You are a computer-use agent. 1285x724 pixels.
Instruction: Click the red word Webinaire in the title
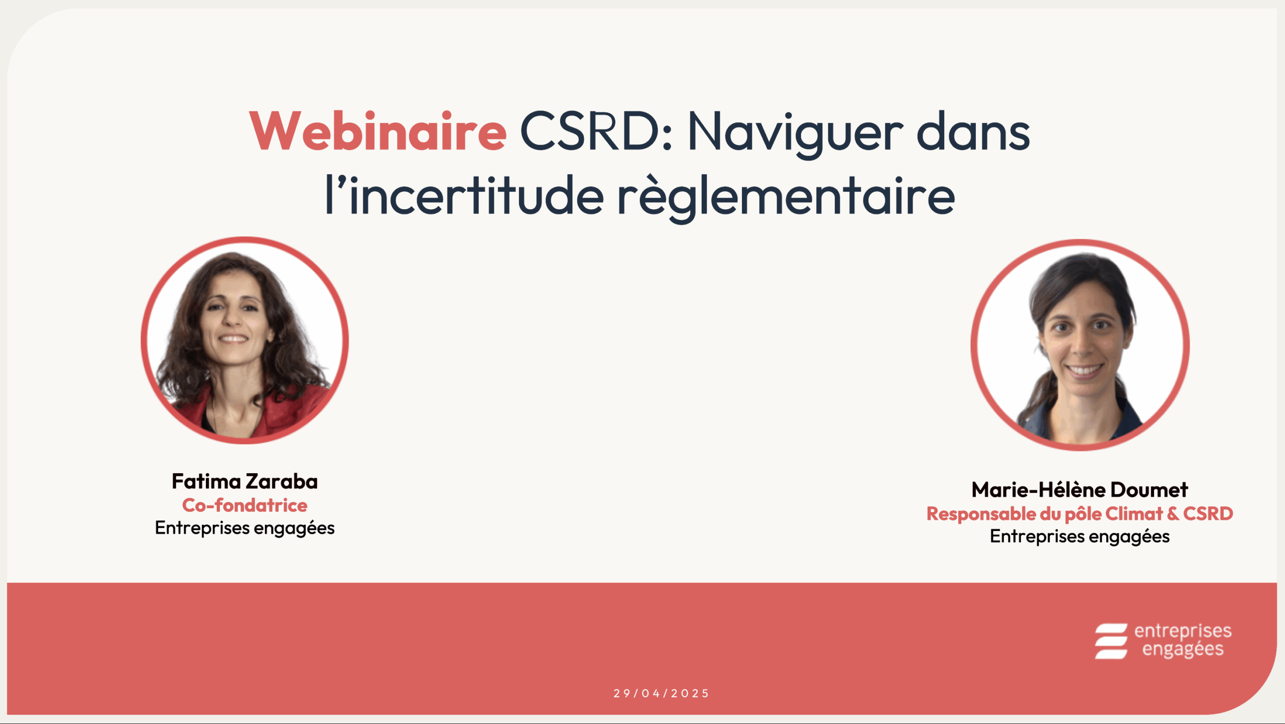pyautogui.click(x=378, y=131)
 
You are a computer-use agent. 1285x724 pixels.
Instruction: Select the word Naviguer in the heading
pyautogui.click(x=796, y=133)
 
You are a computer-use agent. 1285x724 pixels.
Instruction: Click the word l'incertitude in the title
pyautogui.click(x=464, y=196)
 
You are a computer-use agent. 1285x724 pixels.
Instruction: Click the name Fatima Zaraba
pyautogui.click(x=244, y=482)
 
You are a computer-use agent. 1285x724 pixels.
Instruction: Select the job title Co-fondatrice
pyautogui.click(x=244, y=505)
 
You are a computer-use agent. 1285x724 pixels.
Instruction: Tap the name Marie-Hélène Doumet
pyautogui.click(x=1080, y=490)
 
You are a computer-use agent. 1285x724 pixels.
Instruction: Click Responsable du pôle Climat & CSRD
pyautogui.click(x=1080, y=514)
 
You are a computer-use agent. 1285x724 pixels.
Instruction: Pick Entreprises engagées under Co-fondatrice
pyautogui.click(x=244, y=528)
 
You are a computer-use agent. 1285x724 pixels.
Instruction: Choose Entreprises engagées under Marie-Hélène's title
pyautogui.click(x=1080, y=537)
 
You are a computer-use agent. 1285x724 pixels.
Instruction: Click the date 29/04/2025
pyautogui.click(x=661, y=693)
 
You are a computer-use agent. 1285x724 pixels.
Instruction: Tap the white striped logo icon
pyautogui.click(x=1111, y=641)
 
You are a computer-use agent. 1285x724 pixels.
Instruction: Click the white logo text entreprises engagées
pyautogui.click(x=1183, y=640)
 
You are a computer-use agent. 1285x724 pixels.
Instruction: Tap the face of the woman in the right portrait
pyautogui.click(x=1084, y=336)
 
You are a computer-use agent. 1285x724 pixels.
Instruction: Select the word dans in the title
pyautogui.click(x=973, y=131)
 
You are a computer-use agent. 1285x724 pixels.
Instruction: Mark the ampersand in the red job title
pyautogui.click(x=1173, y=514)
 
